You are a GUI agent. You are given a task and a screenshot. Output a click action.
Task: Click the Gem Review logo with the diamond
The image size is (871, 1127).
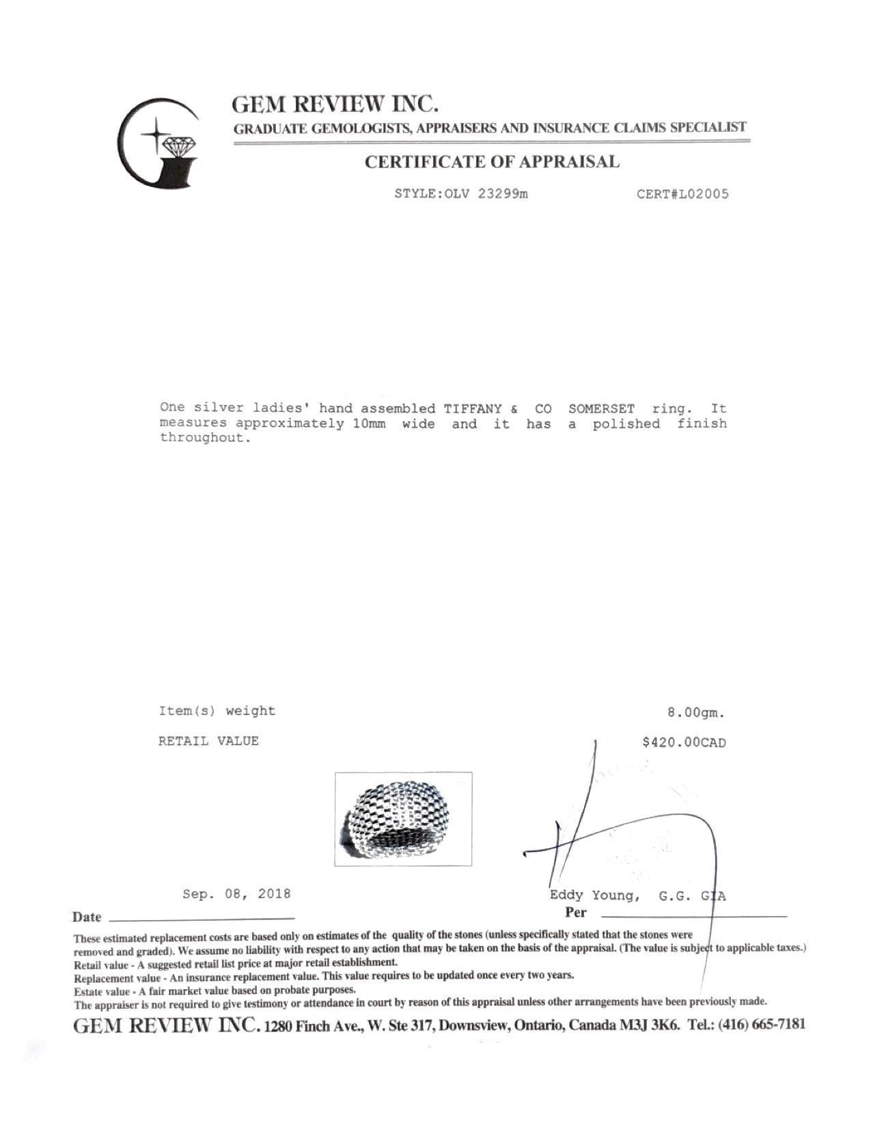click(159, 143)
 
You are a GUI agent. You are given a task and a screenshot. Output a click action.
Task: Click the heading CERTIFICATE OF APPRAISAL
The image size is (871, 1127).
click(492, 163)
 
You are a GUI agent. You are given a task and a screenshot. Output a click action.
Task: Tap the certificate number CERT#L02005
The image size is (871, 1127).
click(682, 194)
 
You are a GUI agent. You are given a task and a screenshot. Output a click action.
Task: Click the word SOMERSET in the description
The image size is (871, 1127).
click(601, 408)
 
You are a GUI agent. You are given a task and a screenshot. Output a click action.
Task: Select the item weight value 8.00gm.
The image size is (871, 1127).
click(695, 713)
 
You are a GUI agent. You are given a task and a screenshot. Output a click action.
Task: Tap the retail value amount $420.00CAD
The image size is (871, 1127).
click(684, 742)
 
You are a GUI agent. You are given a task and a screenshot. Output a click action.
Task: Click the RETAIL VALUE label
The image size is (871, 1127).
click(208, 741)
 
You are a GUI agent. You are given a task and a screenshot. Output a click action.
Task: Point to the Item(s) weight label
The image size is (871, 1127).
click(217, 711)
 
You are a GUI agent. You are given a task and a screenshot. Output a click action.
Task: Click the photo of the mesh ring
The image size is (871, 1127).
click(403, 819)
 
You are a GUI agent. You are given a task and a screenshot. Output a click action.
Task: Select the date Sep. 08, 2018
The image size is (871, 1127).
click(236, 893)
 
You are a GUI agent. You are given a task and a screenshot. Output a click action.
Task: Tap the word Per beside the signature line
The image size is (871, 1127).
click(576, 913)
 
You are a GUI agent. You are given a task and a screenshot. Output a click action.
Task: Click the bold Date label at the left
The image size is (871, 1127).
click(87, 917)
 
